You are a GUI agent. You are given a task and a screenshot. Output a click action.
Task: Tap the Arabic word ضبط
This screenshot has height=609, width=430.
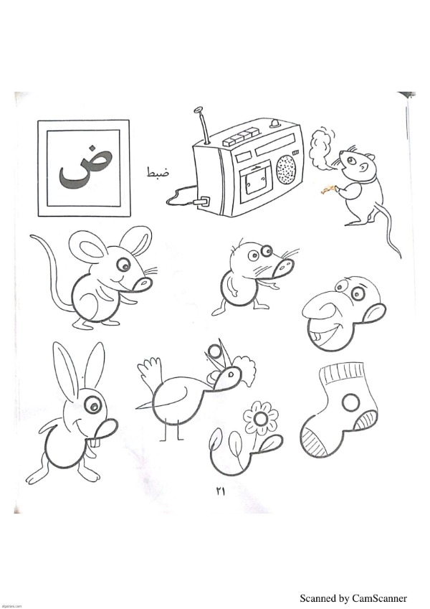tap(158, 172)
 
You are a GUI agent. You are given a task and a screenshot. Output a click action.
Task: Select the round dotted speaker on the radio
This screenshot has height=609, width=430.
tap(286, 171)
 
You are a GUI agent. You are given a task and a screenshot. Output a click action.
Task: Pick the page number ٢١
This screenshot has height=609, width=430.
tap(220, 491)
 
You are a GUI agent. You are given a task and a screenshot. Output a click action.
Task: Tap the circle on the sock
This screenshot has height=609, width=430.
tap(351, 402)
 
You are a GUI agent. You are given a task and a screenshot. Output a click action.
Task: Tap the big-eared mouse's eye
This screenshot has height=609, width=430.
tap(124, 265)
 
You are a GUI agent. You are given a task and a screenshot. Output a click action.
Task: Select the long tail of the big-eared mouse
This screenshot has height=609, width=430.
tap(48, 268)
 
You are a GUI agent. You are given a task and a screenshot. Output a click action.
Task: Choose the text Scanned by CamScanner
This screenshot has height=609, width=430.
tap(353, 598)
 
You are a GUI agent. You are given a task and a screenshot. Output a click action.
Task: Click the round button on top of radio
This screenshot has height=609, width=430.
tap(275, 124)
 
